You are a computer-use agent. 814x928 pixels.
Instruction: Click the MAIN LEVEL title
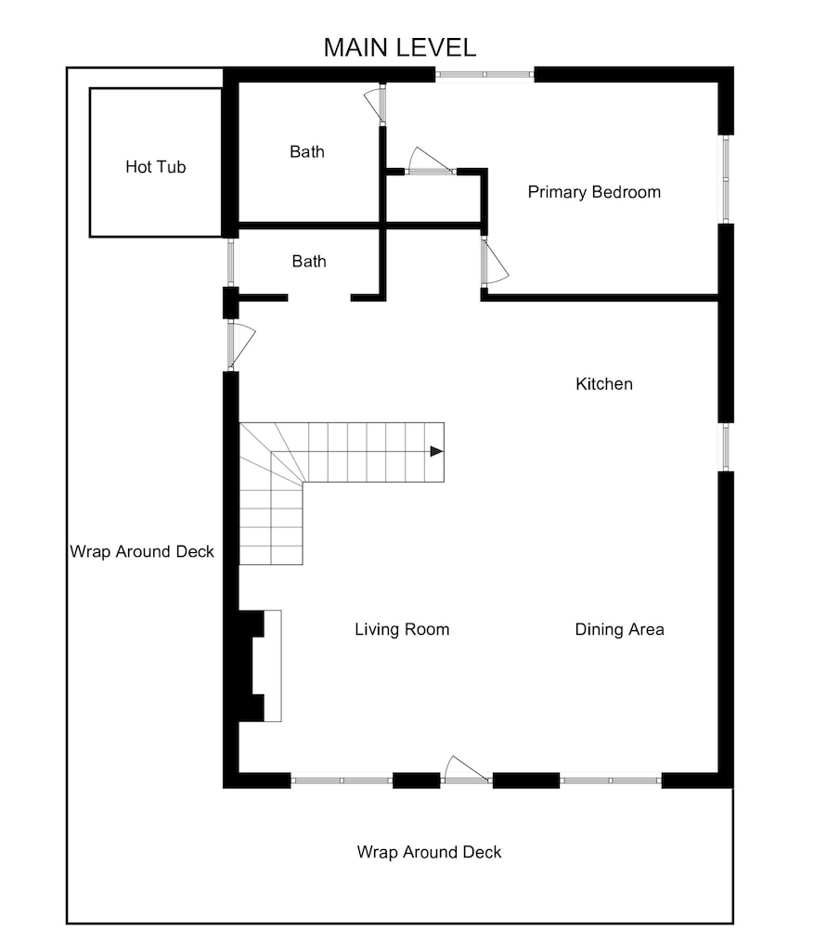click(x=399, y=48)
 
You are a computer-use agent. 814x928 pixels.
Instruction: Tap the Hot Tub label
click(x=156, y=167)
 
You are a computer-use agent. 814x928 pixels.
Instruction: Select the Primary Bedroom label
click(x=594, y=192)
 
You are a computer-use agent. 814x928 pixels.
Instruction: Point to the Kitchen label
click(x=604, y=383)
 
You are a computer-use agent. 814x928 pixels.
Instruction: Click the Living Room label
click(x=402, y=629)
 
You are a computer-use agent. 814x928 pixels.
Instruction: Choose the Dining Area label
click(x=619, y=629)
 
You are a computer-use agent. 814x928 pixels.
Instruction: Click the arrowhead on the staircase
click(x=436, y=452)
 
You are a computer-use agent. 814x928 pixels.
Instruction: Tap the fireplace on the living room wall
click(x=260, y=665)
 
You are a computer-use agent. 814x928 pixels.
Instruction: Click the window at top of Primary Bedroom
click(x=485, y=75)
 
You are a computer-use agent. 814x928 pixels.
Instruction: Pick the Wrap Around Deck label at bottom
click(x=429, y=852)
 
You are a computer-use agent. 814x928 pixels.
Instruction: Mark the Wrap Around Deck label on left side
click(x=142, y=551)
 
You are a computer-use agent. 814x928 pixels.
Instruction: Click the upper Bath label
click(x=307, y=151)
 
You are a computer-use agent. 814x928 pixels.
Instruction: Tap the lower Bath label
click(x=309, y=262)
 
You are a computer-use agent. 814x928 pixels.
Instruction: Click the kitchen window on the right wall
click(x=726, y=446)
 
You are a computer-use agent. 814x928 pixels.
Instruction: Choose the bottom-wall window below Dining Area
click(x=611, y=780)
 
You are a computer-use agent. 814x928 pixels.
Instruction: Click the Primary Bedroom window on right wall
click(x=726, y=179)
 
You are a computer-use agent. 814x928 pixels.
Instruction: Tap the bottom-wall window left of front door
click(x=342, y=780)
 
